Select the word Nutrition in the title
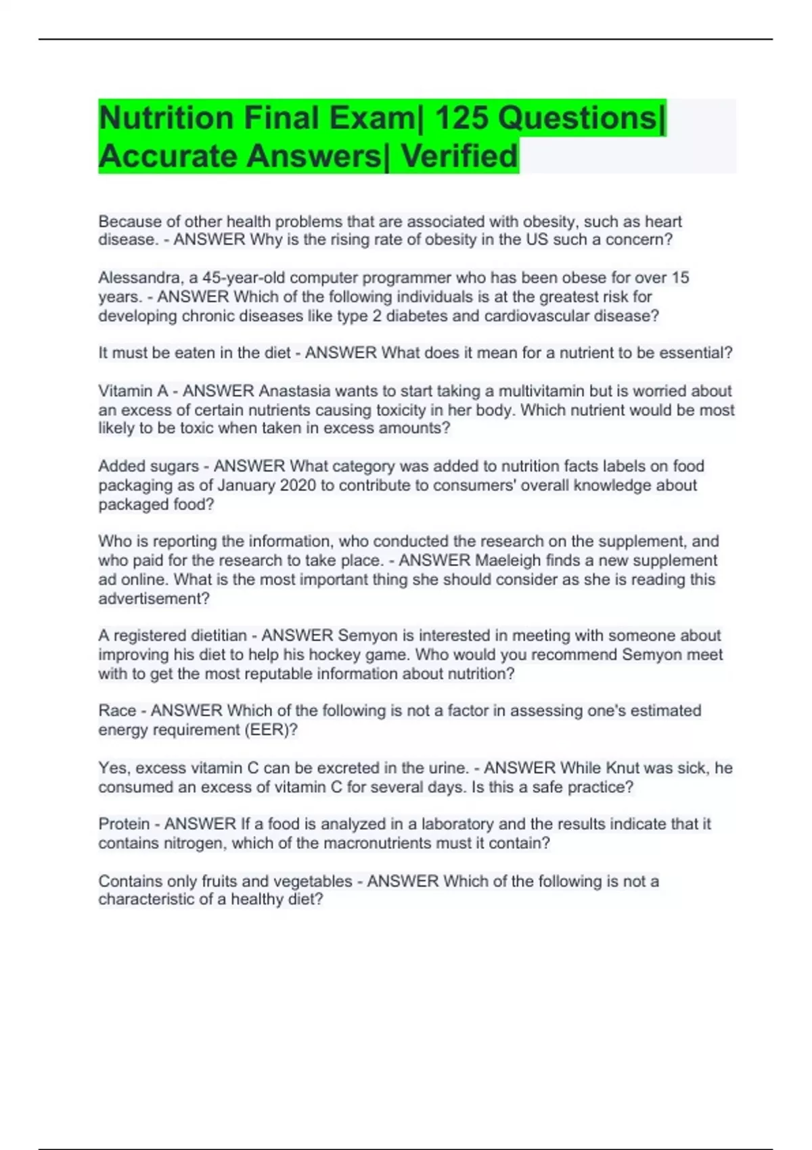coord(166,118)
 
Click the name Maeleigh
coord(508,561)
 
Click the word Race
coord(117,711)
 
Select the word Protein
coord(124,824)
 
